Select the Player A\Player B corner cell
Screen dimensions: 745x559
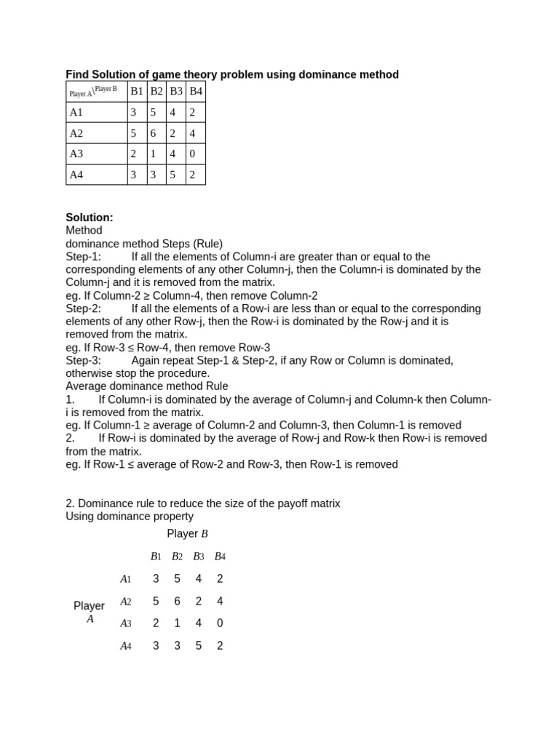(96, 91)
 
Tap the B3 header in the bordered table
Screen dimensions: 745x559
(175, 91)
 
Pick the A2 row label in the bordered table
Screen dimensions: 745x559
(76, 133)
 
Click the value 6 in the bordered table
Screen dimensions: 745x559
(153, 133)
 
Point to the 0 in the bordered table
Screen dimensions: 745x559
(192, 154)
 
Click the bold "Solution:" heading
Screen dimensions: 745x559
(90, 218)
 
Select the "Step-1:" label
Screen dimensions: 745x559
(84, 257)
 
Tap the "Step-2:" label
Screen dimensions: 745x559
(84, 308)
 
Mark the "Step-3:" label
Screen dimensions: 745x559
(84, 361)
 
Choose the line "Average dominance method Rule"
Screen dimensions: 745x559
(147, 386)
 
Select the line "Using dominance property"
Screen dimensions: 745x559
(130, 517)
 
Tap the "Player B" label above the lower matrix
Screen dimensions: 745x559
(187, 534)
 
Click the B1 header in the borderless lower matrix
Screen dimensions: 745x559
(156, 557)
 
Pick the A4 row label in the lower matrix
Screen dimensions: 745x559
(126, 646)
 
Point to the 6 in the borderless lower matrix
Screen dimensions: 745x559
(177, 602)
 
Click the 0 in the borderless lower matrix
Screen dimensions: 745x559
(220, 624)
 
